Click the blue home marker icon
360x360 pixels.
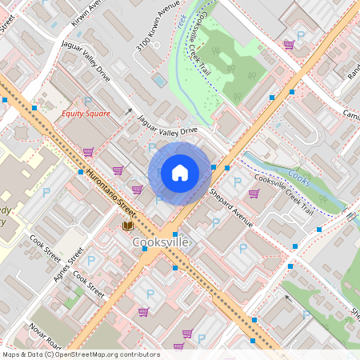[180, 172]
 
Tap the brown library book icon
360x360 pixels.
[127, 226]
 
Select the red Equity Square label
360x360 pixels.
[87, 114]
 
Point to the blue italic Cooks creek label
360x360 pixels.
[298, 176]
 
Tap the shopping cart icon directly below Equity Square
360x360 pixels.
[87, 151]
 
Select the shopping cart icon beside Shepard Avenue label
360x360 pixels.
[254, 193]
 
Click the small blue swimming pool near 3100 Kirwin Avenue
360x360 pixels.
[160, 80]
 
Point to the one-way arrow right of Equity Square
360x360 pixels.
[129, 111]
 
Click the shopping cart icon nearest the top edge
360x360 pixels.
[288, 44]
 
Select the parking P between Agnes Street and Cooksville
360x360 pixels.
[90, 259]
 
